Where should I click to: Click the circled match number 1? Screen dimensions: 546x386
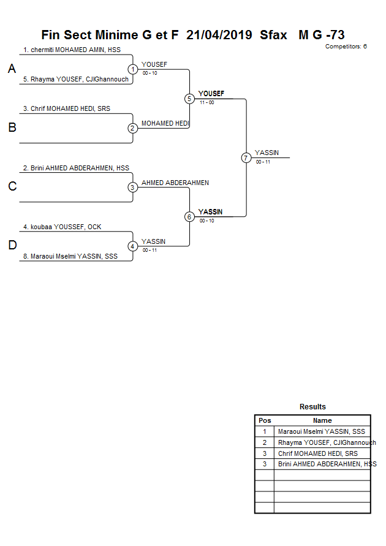(133, 69)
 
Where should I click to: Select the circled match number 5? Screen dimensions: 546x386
(189, 99)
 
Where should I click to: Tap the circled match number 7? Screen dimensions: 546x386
(246, 157)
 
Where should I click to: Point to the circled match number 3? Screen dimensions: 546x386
(133, 188)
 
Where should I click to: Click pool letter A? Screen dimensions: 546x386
(12, 69)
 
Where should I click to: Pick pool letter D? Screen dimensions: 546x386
(12, 246)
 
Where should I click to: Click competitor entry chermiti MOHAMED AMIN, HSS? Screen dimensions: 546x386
(72, 50)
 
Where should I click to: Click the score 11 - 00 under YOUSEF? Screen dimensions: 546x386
(206, 102)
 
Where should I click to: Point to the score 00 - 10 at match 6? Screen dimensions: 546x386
(206, 221)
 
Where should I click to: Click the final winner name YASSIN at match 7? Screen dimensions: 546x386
(267, 153)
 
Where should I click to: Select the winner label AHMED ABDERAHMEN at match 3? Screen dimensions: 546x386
(175, 183)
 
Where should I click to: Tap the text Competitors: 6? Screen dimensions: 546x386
(346, 47)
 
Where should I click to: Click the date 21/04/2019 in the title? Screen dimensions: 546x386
(219, 35)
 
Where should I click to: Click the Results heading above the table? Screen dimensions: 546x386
(312, 407)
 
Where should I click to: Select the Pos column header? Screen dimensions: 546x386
(265, 420)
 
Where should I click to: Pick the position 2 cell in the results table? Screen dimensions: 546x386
(265, 442)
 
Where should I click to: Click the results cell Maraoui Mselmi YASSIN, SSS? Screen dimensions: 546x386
(321, 431)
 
